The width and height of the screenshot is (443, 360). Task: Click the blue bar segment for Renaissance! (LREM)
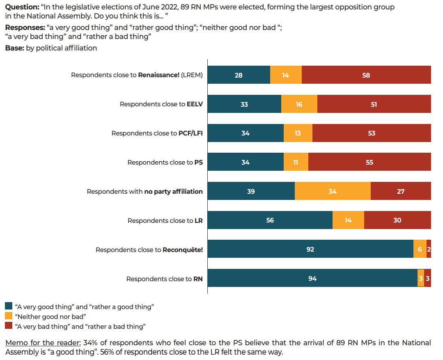pyautogui.click(x=239, y=75)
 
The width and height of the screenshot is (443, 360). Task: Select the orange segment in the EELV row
pyautogui.click(x=299, y=104)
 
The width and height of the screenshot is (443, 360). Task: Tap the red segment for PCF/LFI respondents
pyautogui.click(x=372, y=133)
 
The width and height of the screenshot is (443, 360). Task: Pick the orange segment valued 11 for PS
pyautogui.click(x=296, y=162)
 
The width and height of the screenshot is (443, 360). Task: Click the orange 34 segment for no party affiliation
pyautogui.click(x=333, y=191)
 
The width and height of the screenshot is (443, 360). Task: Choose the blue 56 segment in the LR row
pyautogui.click(x=270, y=220)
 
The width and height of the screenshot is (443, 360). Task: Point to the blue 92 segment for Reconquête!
pyautogui.click(x=310, y=249)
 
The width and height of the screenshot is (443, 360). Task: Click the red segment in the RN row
pyautogui.click(x=427, y=278)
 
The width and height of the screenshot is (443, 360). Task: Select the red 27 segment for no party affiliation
pyautogui.click(x=401, y=191)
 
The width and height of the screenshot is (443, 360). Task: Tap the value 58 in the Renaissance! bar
pyautogui.click(x=366, y=75)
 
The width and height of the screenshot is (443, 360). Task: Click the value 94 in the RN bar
pyautogui.click(x=312, y=279)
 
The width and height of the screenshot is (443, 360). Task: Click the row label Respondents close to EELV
pyautogui.click(x=161, y=104)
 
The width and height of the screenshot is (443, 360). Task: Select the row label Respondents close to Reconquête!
pyautogui.click(x=149, y=250)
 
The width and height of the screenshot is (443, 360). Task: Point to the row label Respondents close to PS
pyautogui.click(x=165, y=163)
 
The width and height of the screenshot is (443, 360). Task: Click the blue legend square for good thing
pyautogui.click(x=9, y=306)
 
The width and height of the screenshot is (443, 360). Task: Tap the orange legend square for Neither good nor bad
pyautogui.click(x=9, y=316)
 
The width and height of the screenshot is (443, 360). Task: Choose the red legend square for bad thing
pyautogui.click(x=9, y=326)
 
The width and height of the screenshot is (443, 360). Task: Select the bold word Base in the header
pyautogui.click(x=14, y=48)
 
